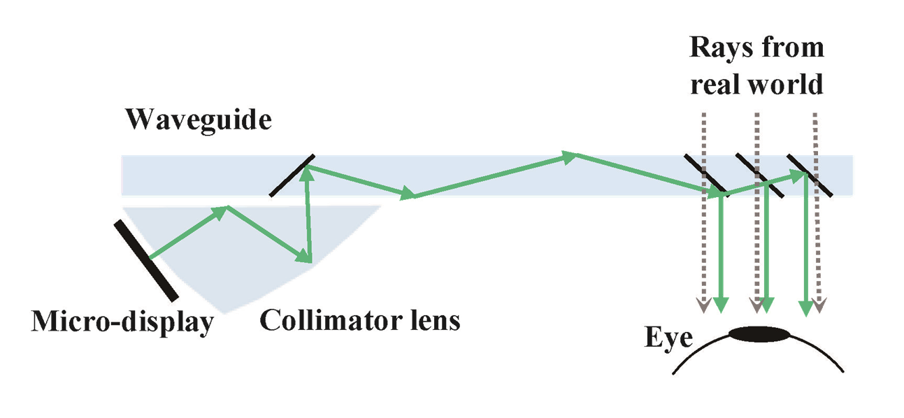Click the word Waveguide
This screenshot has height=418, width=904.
pyautogui.click(x=198, y=120)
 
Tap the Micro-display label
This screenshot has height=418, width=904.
pyautogui.click(x=121, y=322)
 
